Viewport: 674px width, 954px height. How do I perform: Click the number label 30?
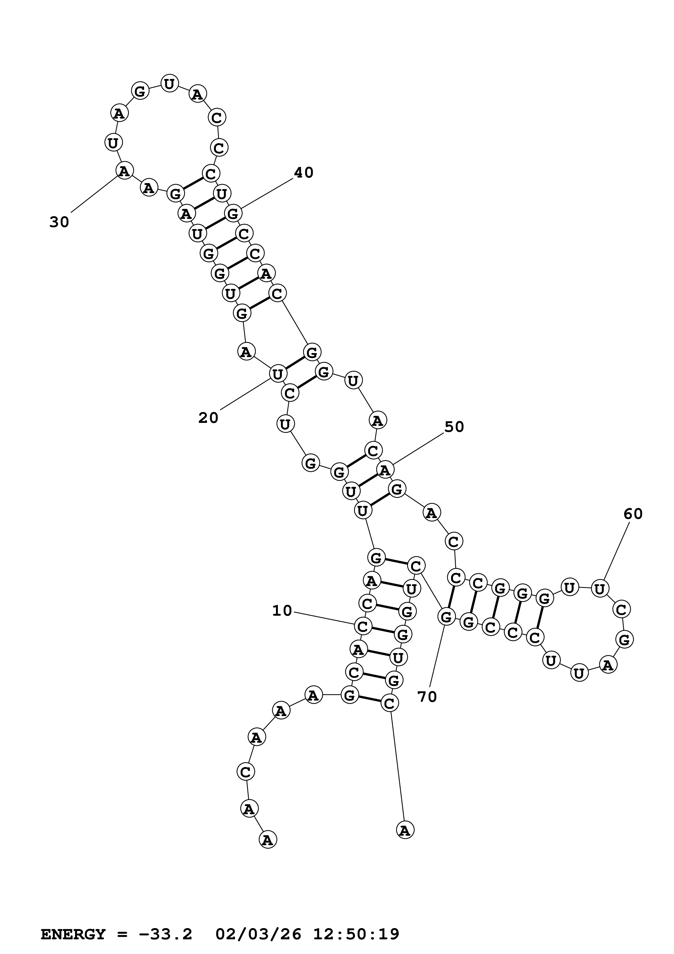[x=59, y=222]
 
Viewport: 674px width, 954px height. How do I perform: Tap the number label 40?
[x=304, y=172]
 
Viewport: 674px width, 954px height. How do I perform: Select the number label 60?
[x=633, y=514]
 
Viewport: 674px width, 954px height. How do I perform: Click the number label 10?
[x=282, y=610]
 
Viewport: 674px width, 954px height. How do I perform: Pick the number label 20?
[x=208, y=418]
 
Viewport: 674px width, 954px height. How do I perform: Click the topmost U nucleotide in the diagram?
[x=169, y=84]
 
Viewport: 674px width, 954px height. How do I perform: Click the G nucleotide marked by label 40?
[x=233, y=213]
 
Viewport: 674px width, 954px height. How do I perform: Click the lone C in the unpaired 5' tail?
[x=246, y=772]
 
